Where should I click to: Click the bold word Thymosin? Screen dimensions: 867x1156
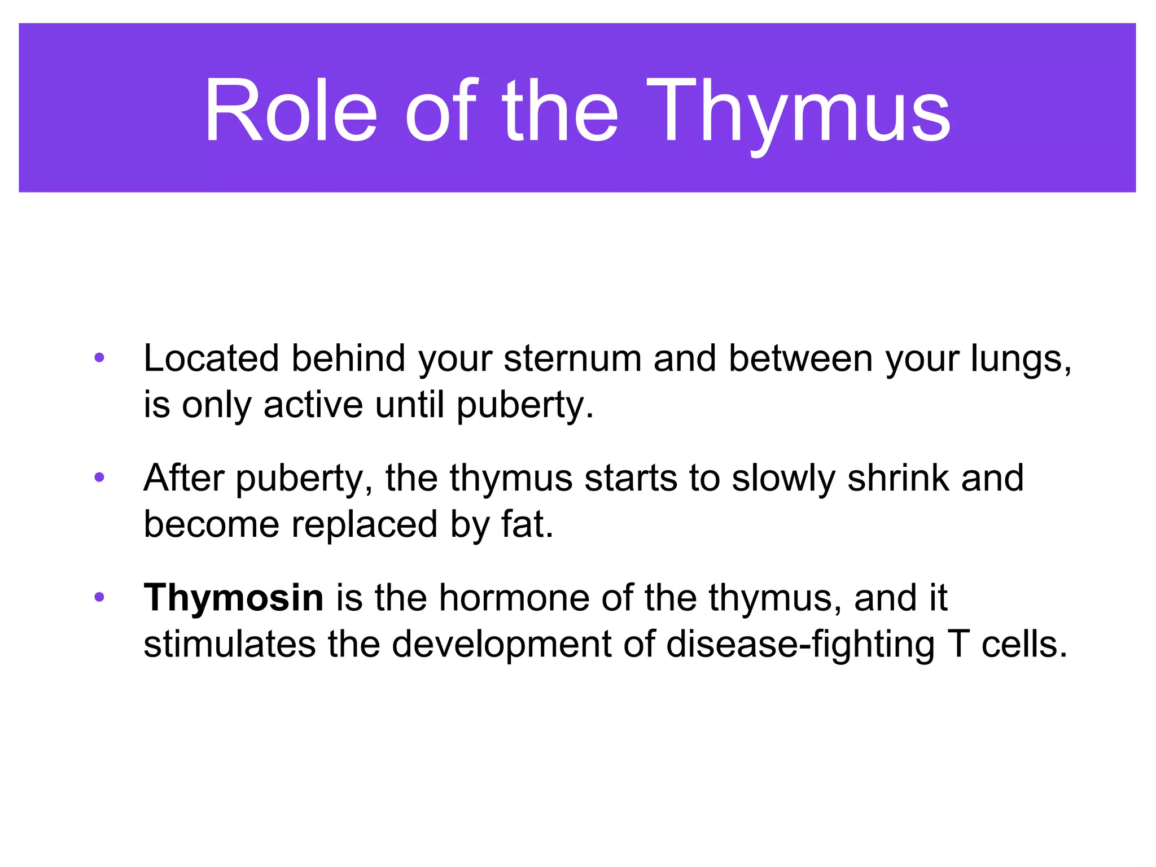234,598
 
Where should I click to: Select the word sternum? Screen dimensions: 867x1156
572,359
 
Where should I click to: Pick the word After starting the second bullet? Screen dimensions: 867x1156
184,479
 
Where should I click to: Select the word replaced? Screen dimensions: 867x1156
364,525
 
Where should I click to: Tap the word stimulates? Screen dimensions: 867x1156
229,645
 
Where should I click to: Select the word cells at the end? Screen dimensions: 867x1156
1023,645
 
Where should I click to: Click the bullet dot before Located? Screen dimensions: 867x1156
99,358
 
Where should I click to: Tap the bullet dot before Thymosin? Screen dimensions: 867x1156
99,597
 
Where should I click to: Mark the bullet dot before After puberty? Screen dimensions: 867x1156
99,478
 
